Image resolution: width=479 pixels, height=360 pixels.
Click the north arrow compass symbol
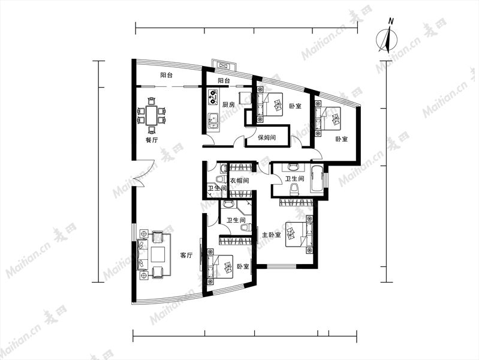(387, 40)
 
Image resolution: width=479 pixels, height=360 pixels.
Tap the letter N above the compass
(390, 21)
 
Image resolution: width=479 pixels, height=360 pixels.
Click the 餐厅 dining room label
(152, 140)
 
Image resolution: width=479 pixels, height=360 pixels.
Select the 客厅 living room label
(186, 255)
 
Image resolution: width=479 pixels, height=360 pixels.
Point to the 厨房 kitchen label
(228, 104)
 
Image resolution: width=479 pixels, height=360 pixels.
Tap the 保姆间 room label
(267, 137)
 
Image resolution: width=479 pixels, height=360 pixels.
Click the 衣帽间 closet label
(239, 181)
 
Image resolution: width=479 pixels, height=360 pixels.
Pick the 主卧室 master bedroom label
(271, 235)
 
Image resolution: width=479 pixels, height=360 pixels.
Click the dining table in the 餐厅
(152, 115)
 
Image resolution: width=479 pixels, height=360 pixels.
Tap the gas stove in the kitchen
(213, 96)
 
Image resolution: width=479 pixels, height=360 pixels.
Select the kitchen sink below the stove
(213, 121)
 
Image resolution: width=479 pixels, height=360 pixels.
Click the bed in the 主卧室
(299, 234)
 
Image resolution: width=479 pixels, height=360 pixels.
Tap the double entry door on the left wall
(139, 176)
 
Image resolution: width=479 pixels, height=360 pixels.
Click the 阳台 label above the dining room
(167, 75)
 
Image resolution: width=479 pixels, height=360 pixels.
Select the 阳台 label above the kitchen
(224, 81)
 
